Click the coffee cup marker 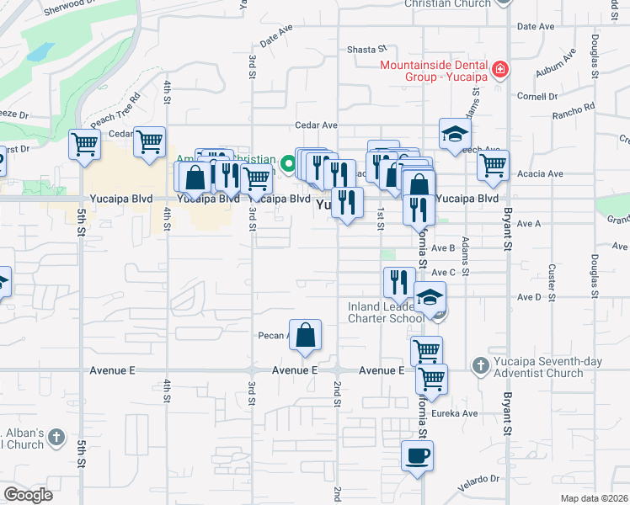(416, 456)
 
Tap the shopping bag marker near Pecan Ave (305, 335)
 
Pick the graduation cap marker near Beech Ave (455, 134)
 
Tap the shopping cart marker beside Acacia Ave (493, 165)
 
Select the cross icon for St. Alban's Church (56, 438)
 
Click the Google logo (28, 495)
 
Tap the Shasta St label (366, 50)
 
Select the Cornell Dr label (532, 96)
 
